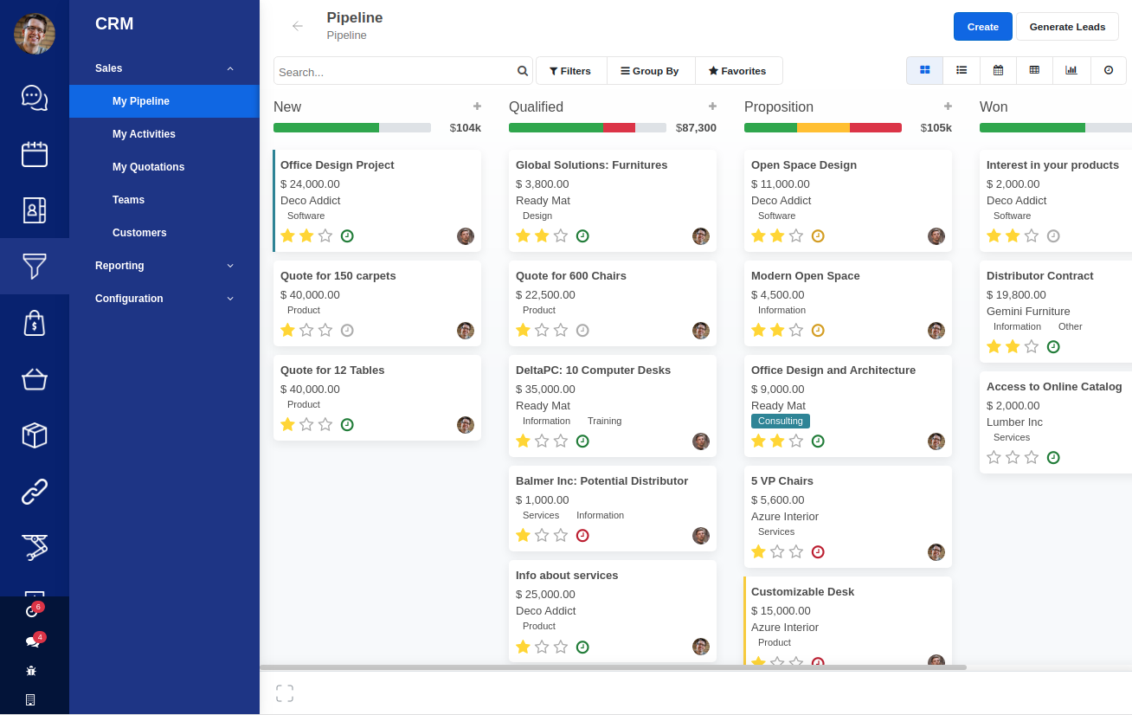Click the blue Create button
click(982, 27)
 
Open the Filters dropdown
click(570, 71)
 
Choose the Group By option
click(650, 71)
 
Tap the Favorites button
click(737, 71)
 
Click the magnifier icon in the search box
click(523, 71)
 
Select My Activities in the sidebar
click(144, 134)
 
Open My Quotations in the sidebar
click(148, 167)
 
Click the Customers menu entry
click(139, 233)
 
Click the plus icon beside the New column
click(477, 106)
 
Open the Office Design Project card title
click(337, 165)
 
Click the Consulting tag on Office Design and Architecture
click(780, 422)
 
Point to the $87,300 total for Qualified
click(697, 128)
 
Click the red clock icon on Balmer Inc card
click(582, 535)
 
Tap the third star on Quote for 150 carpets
click(325, 330)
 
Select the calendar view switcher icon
click(998, 70)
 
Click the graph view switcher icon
click(1071, 70)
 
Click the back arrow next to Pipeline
click(298, 26)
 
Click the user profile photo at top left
click(35, 34)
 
